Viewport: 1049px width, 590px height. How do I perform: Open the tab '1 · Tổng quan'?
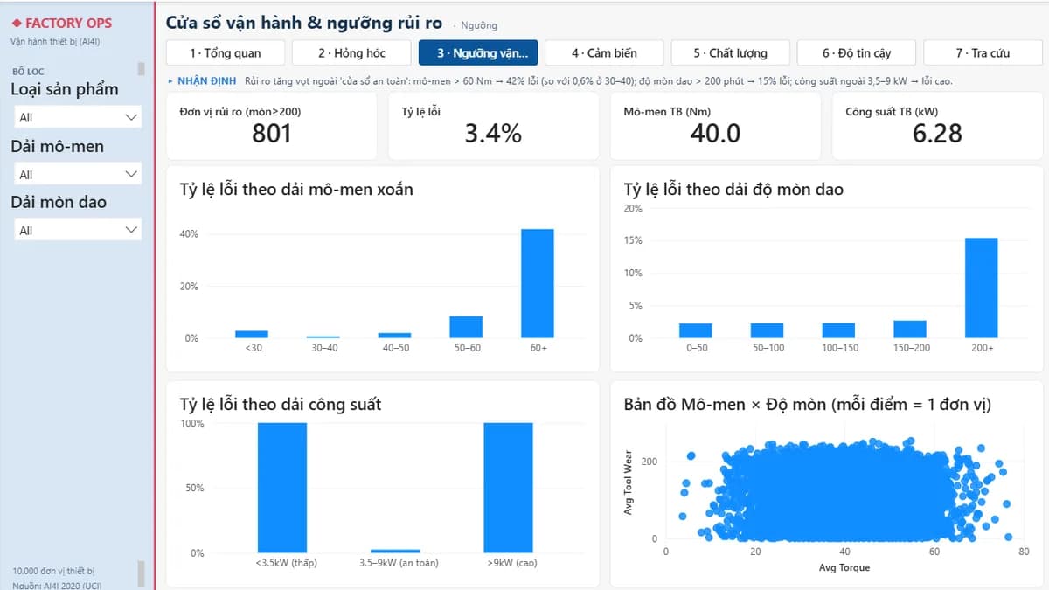click(x=226, y=53)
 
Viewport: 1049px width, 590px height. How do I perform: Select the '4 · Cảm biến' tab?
click(x=604, y=53)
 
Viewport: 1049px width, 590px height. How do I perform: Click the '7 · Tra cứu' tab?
click(x=983, y=53)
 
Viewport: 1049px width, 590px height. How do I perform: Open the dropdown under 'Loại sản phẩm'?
click(x=78, y=117)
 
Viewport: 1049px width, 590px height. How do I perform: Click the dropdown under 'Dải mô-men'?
click(x=78, y=174)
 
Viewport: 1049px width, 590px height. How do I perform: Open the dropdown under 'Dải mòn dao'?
click(x=78, y=230)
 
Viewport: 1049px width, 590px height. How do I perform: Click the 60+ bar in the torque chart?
click(x=537, y=283)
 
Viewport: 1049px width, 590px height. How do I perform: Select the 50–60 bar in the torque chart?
click(x=466, y=327)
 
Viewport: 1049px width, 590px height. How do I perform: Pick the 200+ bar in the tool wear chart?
click(x=981, y=288)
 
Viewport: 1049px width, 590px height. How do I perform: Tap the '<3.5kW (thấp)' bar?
click(x=282, y=488)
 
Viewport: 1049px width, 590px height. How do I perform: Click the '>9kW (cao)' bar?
click(x=508, y=488)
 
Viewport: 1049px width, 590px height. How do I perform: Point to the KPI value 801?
click(x=272, y=134)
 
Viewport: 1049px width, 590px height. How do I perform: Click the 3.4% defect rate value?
click(x=493, y=134)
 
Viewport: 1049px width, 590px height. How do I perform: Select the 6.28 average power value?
click(x=937, y=134)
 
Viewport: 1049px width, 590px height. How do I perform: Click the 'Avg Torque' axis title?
click(x=844, y=567)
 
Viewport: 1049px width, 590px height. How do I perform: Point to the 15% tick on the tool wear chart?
click(x=633, y=240)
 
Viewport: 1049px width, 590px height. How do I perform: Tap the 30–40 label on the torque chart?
click(x=324, y=348)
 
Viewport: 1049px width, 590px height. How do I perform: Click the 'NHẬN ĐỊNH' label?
click(x=206, y=81)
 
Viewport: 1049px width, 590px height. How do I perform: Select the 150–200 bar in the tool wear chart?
click(x=910, y=330)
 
